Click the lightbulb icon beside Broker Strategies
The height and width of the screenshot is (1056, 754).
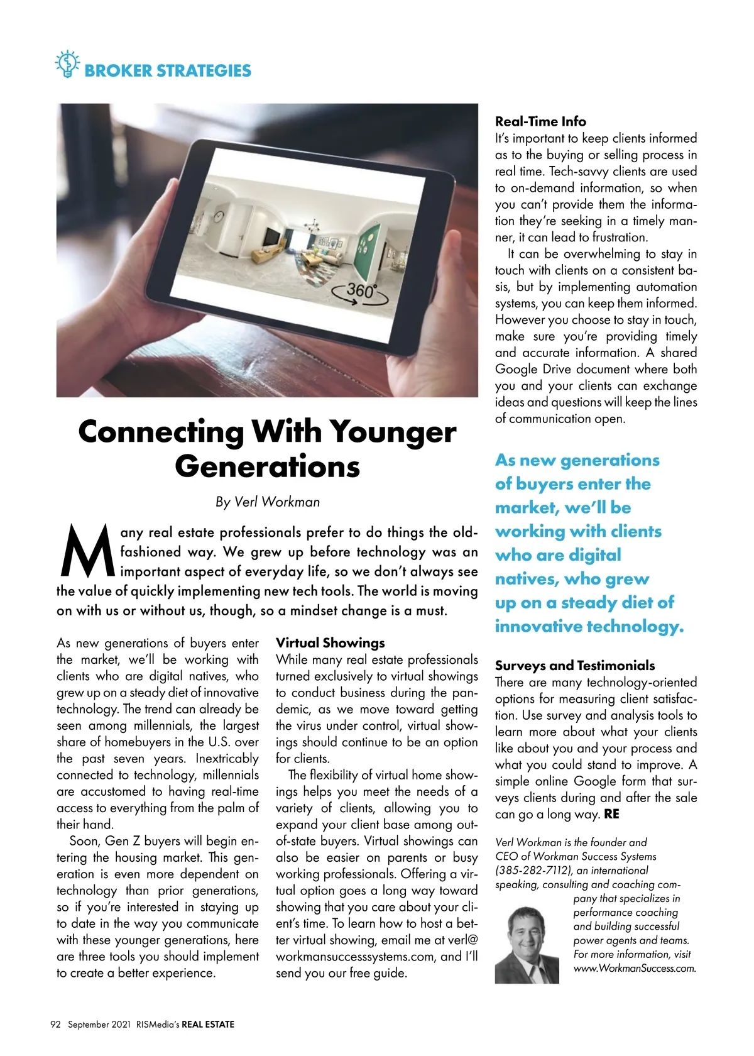tap(67, 64)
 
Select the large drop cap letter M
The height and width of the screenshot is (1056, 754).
tap(87, 551)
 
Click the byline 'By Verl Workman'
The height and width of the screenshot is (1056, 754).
tap(267, 502)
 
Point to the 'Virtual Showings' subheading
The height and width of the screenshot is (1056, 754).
tap(330, 642)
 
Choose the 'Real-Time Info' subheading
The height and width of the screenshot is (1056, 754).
tap(540, 121)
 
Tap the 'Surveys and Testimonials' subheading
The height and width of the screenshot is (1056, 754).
tap(574, 665)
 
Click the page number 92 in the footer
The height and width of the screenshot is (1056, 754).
tap(55, 1024)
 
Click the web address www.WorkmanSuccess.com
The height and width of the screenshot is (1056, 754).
tap(635, 968)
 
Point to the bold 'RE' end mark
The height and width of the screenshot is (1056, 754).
tap(611, 814)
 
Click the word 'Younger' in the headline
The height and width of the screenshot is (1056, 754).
tap(393, 432)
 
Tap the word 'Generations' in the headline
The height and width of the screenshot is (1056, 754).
tap(267, 466)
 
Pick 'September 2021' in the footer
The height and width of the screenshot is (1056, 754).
tap(99, 1024)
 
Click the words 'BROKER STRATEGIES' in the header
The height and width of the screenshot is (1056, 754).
tap(168, 70)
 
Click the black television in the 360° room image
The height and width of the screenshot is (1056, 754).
tap(272, 237)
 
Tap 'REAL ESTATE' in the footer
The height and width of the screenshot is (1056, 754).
tap(208, 1024)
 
